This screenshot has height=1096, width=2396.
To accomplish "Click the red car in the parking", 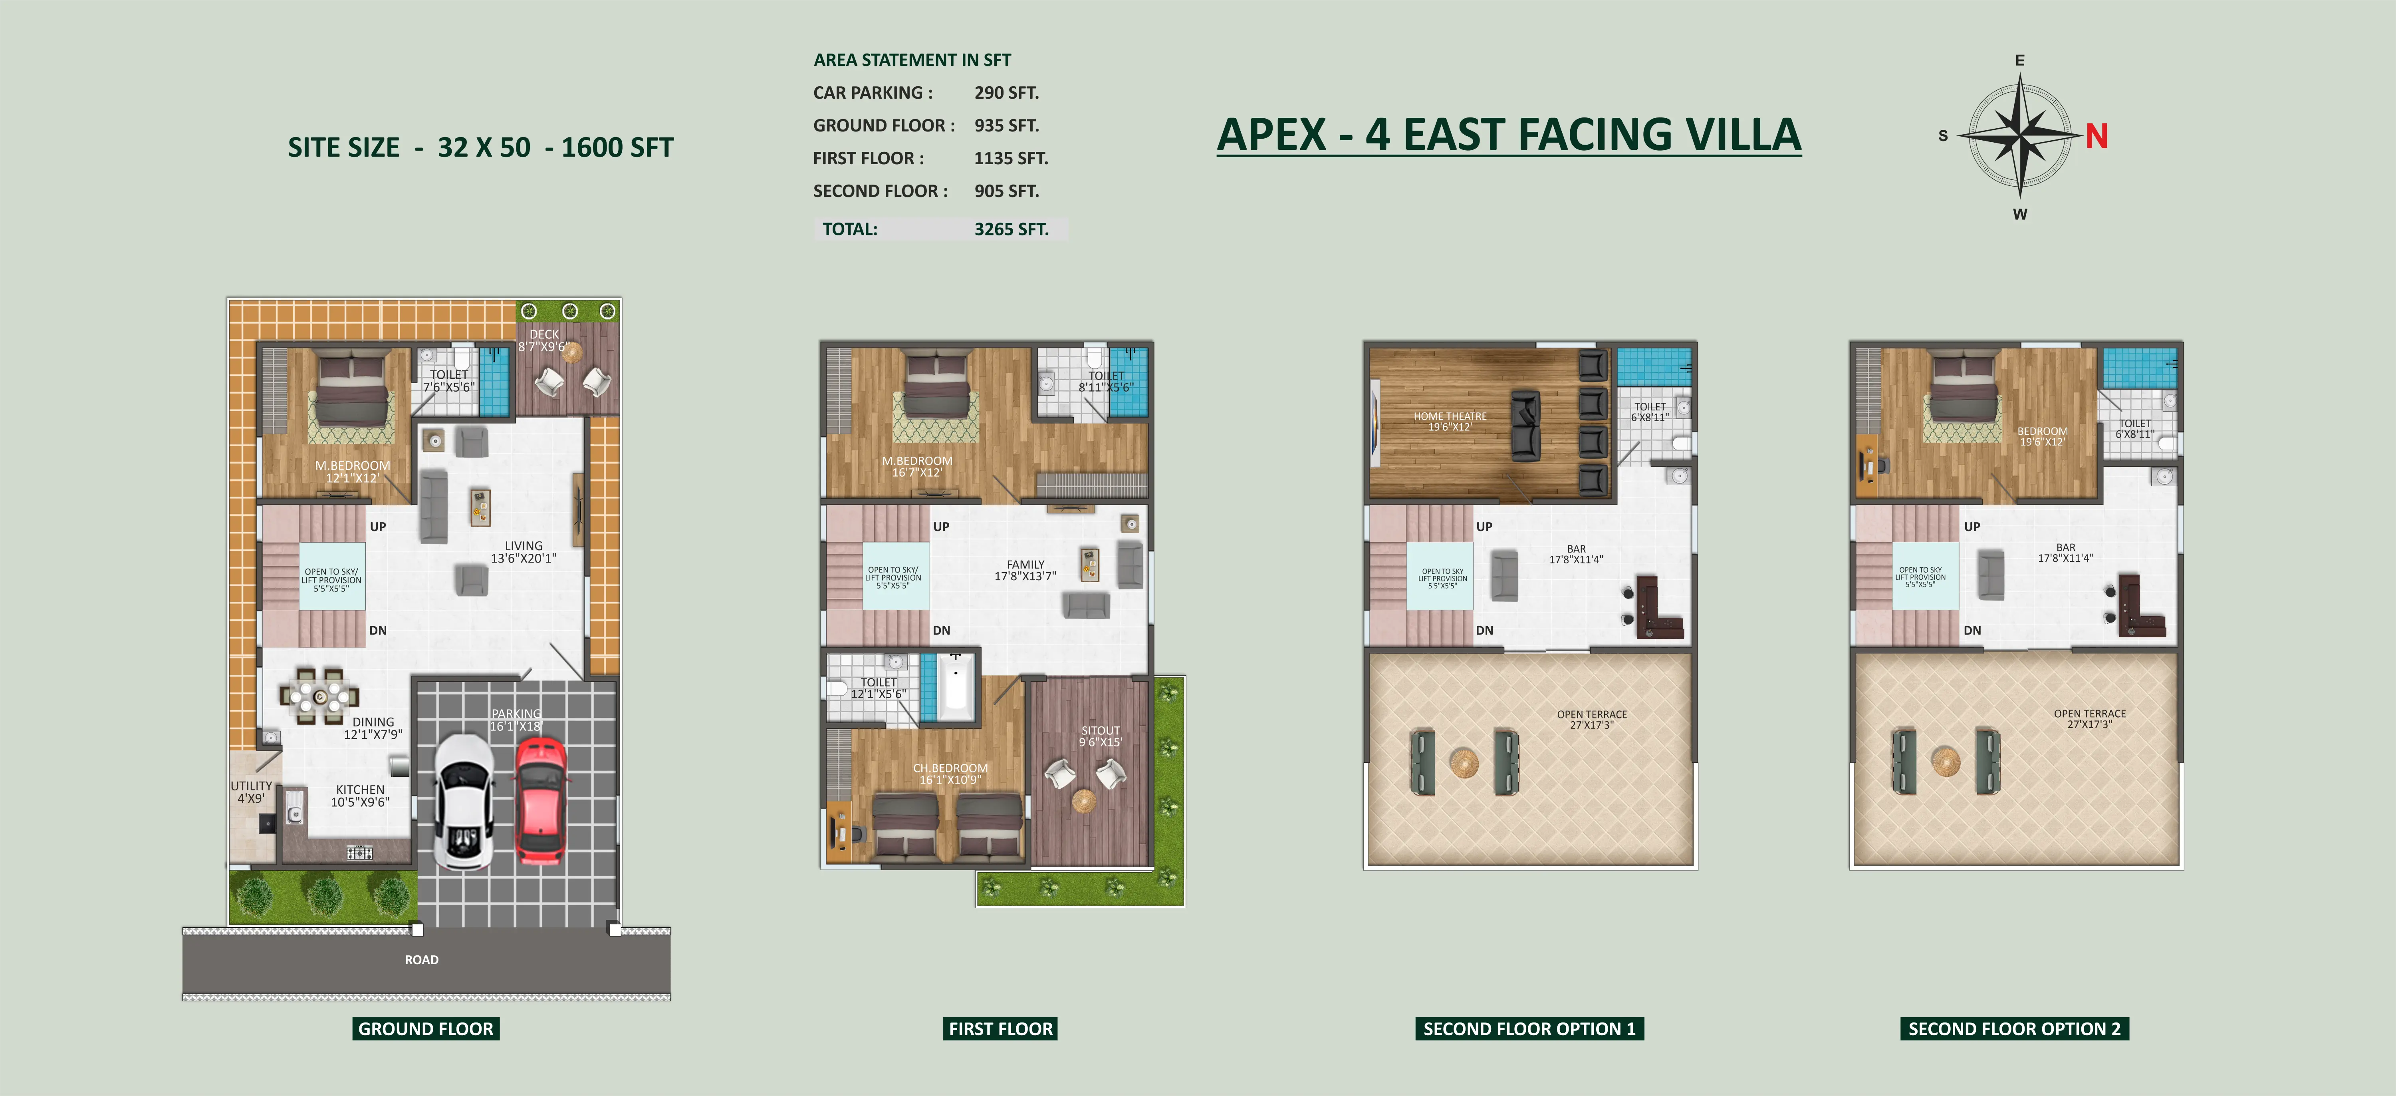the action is (540, 800).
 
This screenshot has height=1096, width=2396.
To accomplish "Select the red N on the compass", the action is (2096, 137).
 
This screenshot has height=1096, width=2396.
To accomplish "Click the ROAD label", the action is (421, 959).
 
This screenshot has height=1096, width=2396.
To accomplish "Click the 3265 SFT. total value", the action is (1011, 229).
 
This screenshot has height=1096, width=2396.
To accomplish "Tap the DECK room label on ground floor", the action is (544, 334).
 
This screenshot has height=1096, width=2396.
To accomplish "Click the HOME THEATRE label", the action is (1450, 416).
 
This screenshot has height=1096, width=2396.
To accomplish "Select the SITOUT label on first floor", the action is (1100, 730).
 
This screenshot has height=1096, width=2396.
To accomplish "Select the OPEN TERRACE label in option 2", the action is (2090, 714).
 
